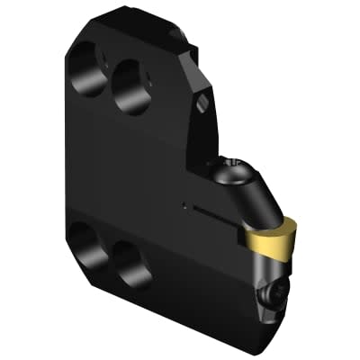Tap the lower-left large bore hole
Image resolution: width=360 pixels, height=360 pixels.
pos(87,244)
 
